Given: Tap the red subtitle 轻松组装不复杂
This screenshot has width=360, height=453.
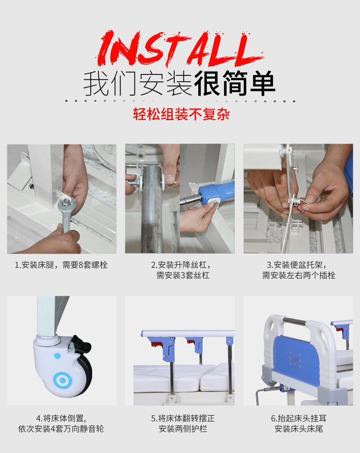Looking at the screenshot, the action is coord(181,114).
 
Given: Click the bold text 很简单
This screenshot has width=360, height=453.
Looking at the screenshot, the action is coord(234,84).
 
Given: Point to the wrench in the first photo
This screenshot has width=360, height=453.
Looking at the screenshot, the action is coord(67,212).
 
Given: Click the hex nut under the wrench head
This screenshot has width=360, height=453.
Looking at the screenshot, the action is coord(67,202).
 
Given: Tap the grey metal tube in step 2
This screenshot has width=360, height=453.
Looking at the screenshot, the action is coord(152,208).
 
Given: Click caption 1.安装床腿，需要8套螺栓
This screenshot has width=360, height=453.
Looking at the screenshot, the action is coord(61,265).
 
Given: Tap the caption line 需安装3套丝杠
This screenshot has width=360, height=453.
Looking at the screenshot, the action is coord(183,275).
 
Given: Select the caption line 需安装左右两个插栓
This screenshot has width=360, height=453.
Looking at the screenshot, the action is coord(299,275).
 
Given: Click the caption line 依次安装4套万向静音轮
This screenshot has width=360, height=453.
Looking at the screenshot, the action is coord(61,429).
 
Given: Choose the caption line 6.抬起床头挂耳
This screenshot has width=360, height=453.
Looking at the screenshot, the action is coord(299,418).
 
